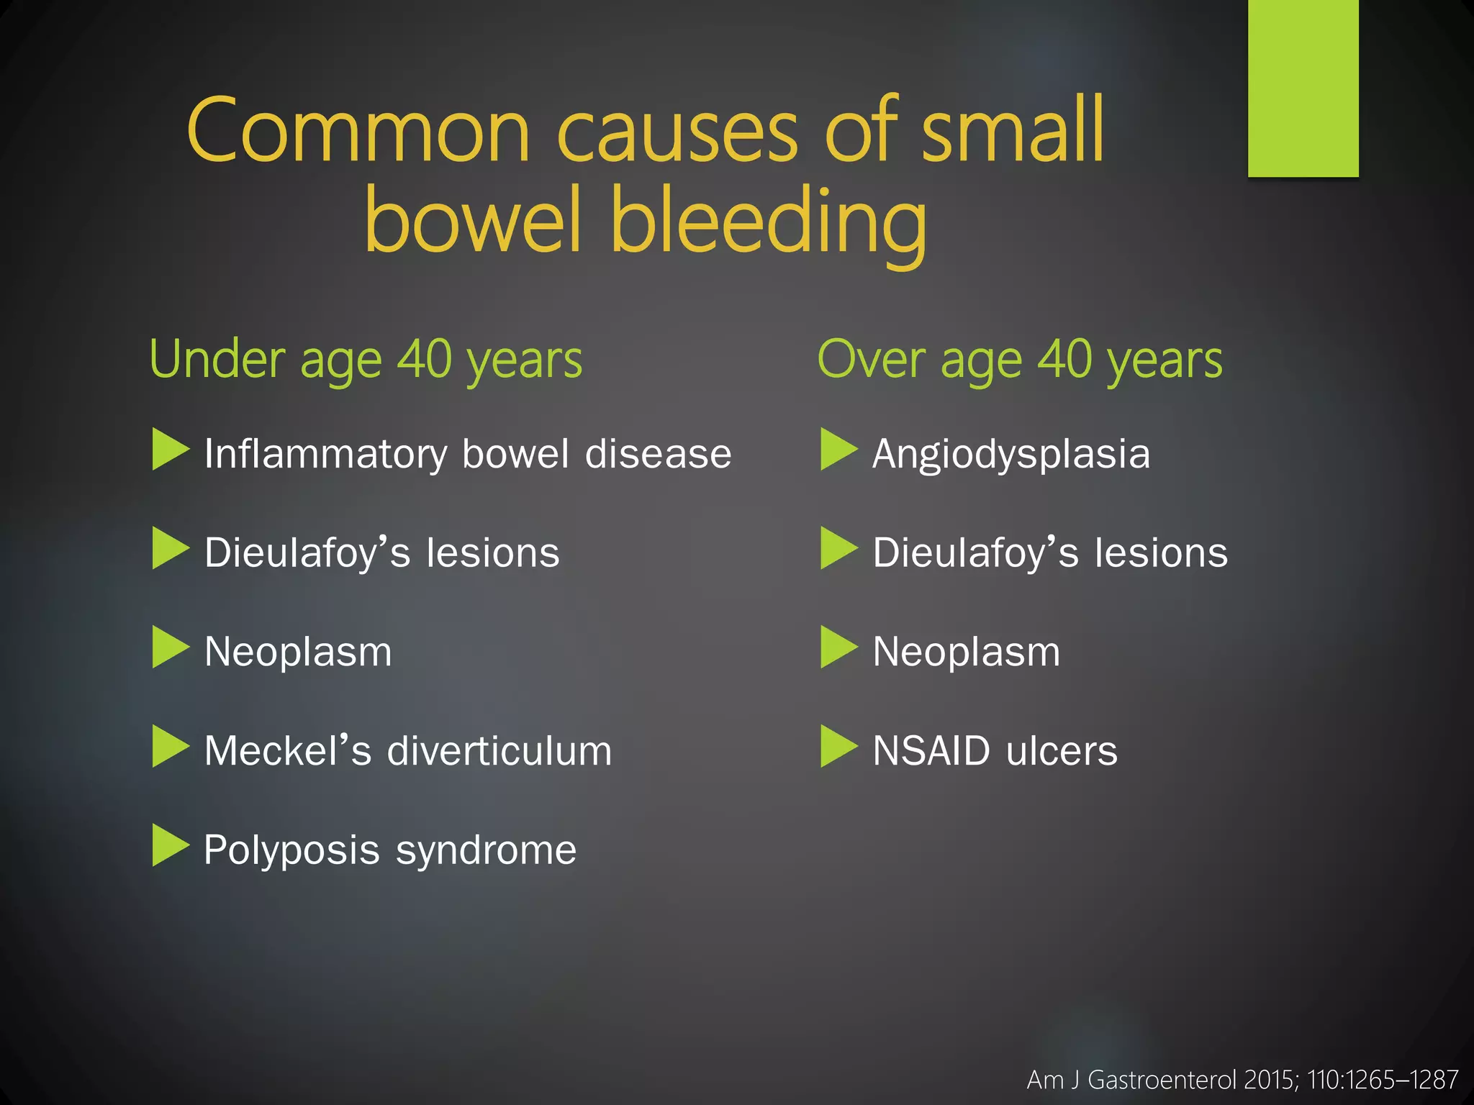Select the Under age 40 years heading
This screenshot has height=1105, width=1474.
tap(366, 360)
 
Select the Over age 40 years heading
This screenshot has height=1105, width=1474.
tap(1020, 360)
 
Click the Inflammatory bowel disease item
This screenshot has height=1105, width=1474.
tap(468, 454)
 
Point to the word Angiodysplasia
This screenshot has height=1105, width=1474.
tap(1011, 454)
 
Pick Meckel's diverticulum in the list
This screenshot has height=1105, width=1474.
tap(408, 751)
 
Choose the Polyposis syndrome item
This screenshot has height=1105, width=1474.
tap(390, 850)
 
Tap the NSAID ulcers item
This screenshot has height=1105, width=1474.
tap(995, 751)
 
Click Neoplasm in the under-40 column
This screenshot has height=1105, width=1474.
tap(298, 652)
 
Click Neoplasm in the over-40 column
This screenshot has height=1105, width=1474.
tap(967, 652)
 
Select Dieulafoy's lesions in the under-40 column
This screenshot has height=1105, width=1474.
tap(382, 552)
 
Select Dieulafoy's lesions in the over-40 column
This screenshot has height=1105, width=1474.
tap(1050, 552)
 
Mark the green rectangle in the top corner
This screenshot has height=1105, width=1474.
tap(1303, 88)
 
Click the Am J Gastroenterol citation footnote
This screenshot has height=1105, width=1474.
tap(1242, 1080)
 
